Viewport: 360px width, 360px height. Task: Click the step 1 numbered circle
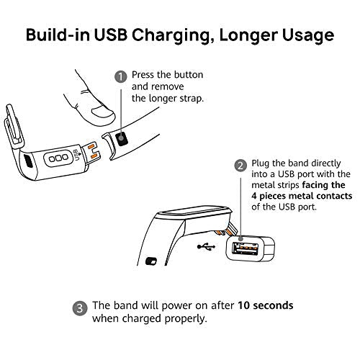click(x=121, y=77)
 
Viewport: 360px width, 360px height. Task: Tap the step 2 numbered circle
click(x=240, y=166)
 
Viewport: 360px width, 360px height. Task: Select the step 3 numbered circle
click(x=80, y=308)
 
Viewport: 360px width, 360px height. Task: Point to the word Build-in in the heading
click(x=58, y=35)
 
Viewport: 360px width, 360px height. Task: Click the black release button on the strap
click(x=122, y=138)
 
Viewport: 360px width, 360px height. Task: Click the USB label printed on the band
click(x=76, y=155)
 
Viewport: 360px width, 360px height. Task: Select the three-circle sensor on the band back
click(x=58, y=158)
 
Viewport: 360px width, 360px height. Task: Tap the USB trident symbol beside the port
click(x=206, y=246)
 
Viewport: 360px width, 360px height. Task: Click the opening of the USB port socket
click(x=245, y=249)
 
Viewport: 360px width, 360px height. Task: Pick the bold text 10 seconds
click(x=266, y=305)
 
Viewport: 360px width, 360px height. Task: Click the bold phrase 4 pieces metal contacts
click(x=302, y=196)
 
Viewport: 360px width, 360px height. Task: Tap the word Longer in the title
click(x=248, y=35)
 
